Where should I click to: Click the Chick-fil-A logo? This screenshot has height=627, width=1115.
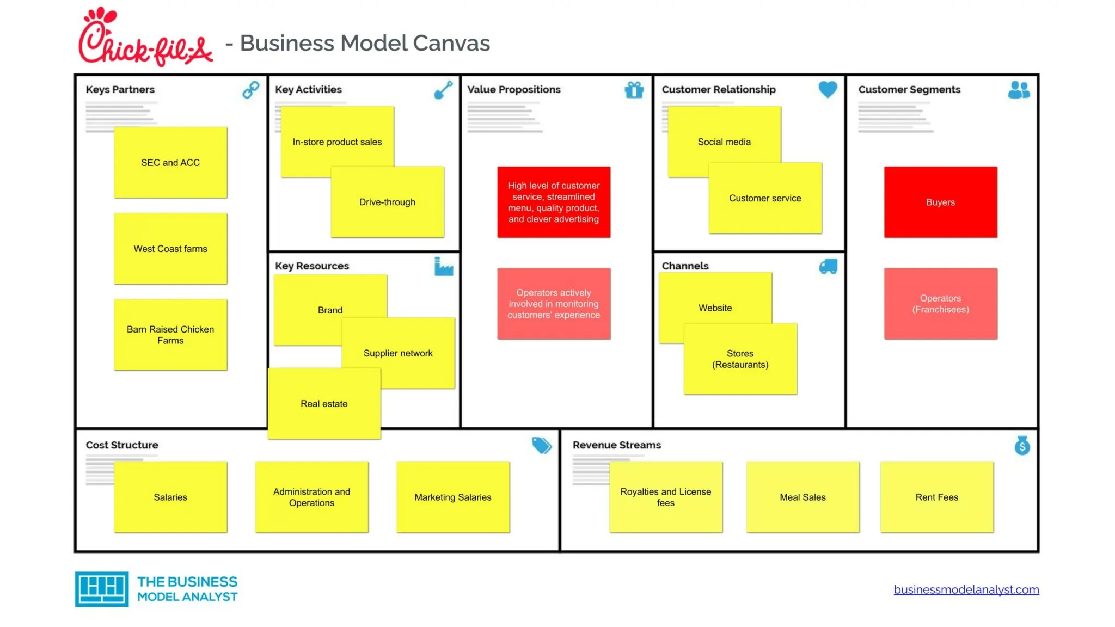[x=145, y=37]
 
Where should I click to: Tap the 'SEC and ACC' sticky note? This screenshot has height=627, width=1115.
[x=170, y=162]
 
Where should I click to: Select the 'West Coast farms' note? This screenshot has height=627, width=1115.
[x=170, y=249]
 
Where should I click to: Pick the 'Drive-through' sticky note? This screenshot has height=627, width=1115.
[x=387, y=202]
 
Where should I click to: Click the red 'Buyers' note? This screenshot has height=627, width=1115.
[x=940, y=202]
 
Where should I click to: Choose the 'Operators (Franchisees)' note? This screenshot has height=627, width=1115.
[x=940, y=304]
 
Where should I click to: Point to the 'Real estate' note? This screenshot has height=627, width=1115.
[x=324, y=403]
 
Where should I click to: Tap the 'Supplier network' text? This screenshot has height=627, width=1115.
[x=398, y=353]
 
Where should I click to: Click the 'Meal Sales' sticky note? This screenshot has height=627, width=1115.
[x=802, y=497]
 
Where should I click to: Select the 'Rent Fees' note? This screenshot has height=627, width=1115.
[x=936, y=497]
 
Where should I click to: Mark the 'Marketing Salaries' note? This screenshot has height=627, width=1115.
[x=453, y=497]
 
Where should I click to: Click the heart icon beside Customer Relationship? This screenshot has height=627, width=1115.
[x=828, y=89]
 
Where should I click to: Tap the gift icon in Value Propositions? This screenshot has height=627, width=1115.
[x=634, y=89]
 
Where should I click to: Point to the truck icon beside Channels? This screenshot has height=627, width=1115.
[x=828, y=266]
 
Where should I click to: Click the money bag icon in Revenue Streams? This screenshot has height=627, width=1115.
[x=1022, y=445]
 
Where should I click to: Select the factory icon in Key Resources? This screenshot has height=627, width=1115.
[x=444, y=266]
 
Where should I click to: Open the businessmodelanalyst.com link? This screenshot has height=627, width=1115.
[x=966, y=589]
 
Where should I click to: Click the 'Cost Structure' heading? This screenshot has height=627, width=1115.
[x=122, y=445]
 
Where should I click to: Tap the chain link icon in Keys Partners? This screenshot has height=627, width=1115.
[x=250, y=89]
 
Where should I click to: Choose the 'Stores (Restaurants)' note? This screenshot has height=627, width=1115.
[x=740, y=359]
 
